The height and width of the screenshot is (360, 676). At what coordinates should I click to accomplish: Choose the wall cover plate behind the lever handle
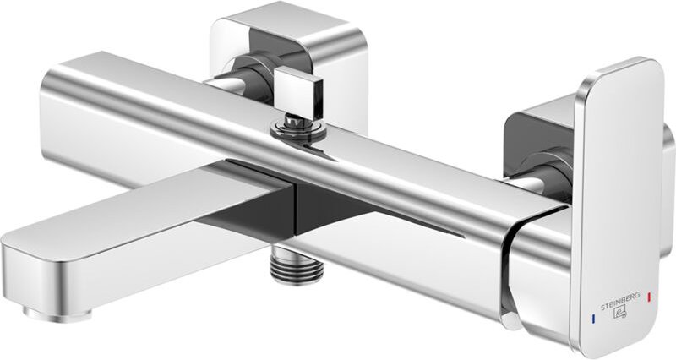point(541,127)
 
